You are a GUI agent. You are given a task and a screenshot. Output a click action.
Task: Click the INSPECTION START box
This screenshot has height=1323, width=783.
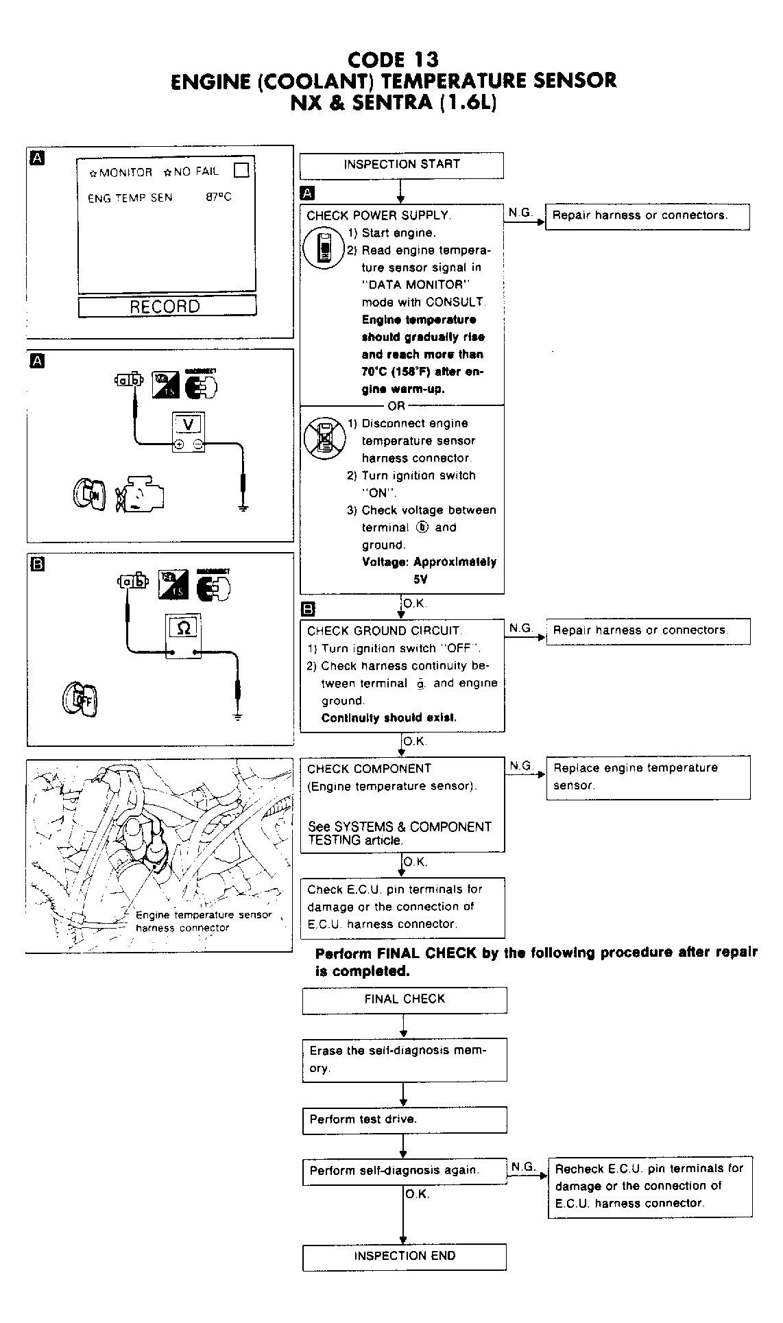point(401,165)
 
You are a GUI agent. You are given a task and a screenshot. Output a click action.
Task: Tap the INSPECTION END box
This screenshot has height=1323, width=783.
point(404,1256)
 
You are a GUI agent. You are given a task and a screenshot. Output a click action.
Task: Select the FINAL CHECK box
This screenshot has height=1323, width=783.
point(404,999)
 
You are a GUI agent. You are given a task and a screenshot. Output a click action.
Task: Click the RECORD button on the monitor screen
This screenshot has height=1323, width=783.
point(167,306)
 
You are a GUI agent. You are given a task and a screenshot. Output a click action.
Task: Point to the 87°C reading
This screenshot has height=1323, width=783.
point(219,198)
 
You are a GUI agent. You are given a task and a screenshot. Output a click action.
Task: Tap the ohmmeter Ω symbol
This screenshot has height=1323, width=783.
point(184,628)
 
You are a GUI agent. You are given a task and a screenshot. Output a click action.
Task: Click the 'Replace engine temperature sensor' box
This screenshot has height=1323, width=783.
point(647,777)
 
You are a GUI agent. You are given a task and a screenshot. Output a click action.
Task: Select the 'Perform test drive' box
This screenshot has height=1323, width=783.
point(404,1119)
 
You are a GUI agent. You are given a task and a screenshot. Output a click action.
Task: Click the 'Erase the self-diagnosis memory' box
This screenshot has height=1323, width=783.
point(404,1060)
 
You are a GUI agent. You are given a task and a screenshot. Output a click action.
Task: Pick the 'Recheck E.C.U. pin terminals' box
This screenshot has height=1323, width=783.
point(649,1186)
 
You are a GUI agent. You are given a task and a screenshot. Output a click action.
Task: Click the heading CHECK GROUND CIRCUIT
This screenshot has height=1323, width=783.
point(384,631)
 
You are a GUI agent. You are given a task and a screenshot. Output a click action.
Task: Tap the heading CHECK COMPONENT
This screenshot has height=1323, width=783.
point(369,769)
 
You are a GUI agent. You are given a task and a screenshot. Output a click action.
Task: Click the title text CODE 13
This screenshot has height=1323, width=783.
point(393,60)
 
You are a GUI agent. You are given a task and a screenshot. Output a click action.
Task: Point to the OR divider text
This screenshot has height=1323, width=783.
point(396,405)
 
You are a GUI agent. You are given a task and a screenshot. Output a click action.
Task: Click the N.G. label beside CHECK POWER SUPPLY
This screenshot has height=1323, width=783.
point(520,213)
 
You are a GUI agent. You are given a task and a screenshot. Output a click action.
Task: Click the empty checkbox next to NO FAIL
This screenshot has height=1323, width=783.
point(241,169)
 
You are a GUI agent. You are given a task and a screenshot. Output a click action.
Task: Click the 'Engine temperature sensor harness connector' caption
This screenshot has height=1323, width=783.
point(203,921)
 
